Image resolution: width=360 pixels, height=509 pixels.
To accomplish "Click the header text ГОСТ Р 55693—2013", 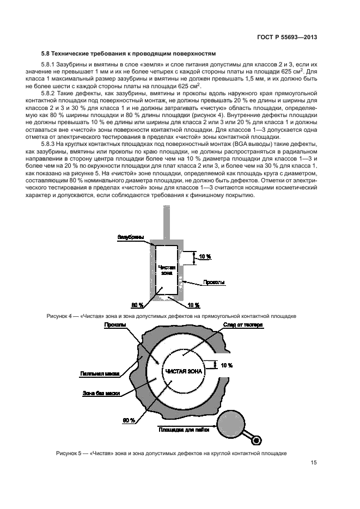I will pos(288,38).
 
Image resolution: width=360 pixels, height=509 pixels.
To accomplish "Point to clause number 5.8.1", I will pos(54,65).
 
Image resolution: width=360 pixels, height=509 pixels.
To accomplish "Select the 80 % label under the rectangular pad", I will pos(137,305).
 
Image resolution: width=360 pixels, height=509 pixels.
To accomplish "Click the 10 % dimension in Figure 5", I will pos(227,365).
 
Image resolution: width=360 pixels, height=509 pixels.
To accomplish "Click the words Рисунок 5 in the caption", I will pos(69,453).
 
